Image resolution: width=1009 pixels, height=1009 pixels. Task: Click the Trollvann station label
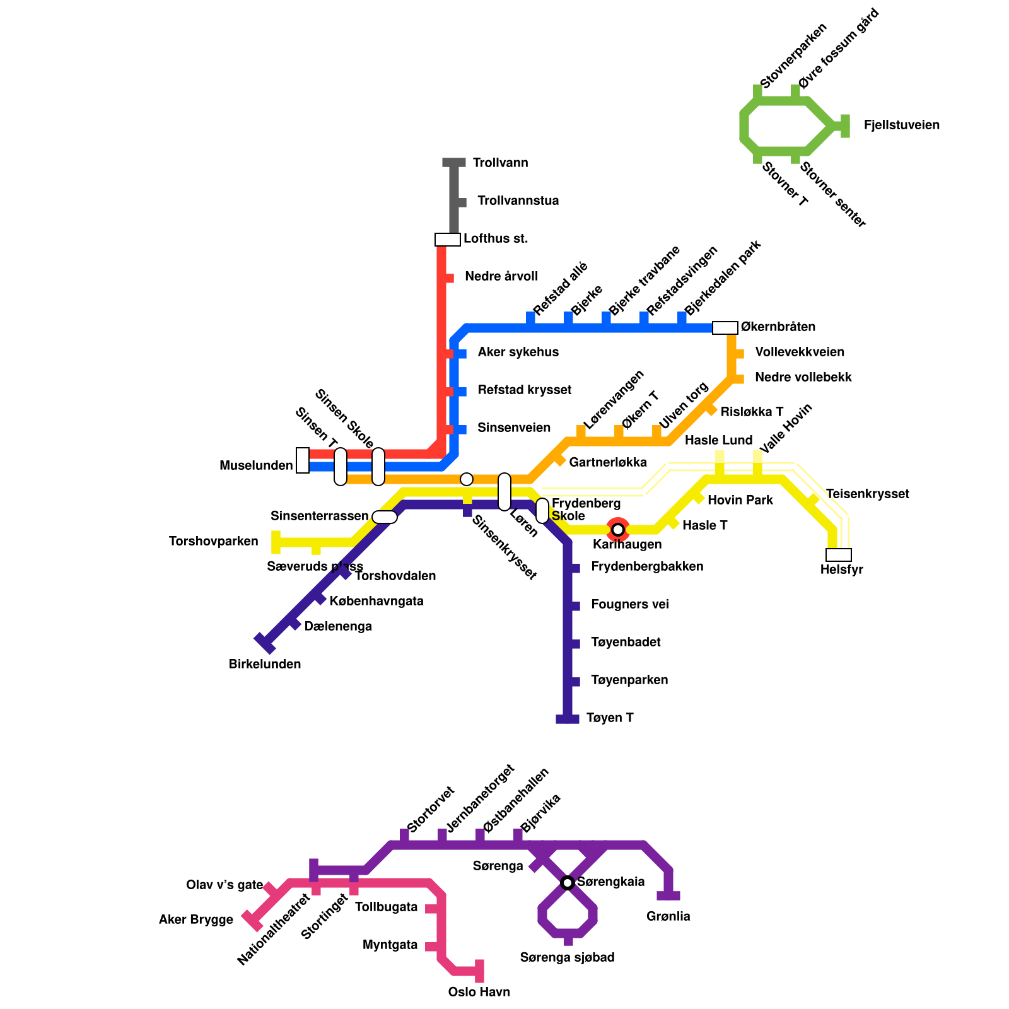click(x=500, y=163)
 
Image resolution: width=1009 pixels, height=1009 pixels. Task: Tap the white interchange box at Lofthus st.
click(x=448, y=240)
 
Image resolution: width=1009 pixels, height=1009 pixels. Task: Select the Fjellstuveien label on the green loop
click(x=901, y=125)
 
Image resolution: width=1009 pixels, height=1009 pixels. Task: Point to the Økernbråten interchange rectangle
click(x=725, y=328)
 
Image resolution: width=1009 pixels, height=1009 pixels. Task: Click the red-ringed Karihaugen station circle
click(x=618, y=529)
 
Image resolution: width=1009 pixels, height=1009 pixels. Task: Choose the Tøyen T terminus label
click(x=609, y=718)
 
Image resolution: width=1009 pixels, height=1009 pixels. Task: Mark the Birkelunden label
click(x=265, y=664)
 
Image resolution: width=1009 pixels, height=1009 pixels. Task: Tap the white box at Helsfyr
click(x=839, y=555)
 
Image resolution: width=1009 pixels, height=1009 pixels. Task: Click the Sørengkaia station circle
click(x=568, y=882)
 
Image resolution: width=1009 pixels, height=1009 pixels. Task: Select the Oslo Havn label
click(x=479, y=992)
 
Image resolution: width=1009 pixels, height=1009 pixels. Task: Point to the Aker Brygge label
click(x=196, y=920)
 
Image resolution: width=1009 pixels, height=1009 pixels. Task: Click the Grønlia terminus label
click(x=668, y=916)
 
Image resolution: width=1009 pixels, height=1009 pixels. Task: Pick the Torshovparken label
click(x=214, y=542)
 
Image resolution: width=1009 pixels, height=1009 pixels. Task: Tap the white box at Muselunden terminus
click(x=303, y=460)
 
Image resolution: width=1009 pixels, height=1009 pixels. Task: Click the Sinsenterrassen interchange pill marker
click(x=385, y=517)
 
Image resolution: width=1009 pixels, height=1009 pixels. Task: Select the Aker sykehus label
click(x=518, y=353)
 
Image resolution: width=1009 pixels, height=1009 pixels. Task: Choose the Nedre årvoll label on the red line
click(x=501, y=277)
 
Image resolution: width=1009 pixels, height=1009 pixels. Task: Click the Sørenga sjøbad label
click(x=568, y=957)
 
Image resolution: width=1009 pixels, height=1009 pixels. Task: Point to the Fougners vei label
click(x=629, y=605)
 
